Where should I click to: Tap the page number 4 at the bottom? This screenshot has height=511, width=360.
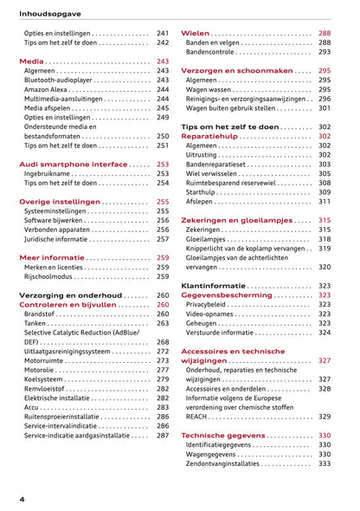pyautogui.click(x=22, y=500)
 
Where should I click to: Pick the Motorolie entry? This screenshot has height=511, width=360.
pyautogui.click(x=40, y=370)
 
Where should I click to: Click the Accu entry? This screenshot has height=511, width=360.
pyautogui.click(x=32, y=407)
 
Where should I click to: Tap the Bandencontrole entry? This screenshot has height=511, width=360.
pyautogui.click(x=209, y=52)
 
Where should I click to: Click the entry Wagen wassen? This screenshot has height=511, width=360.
pyautogui.click(x=209, y=89)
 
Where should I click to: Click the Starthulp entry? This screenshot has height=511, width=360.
pyautogui.click(x=202, y=191)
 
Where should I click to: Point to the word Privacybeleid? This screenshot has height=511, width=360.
pyautogui.click(x=210, y=304)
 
